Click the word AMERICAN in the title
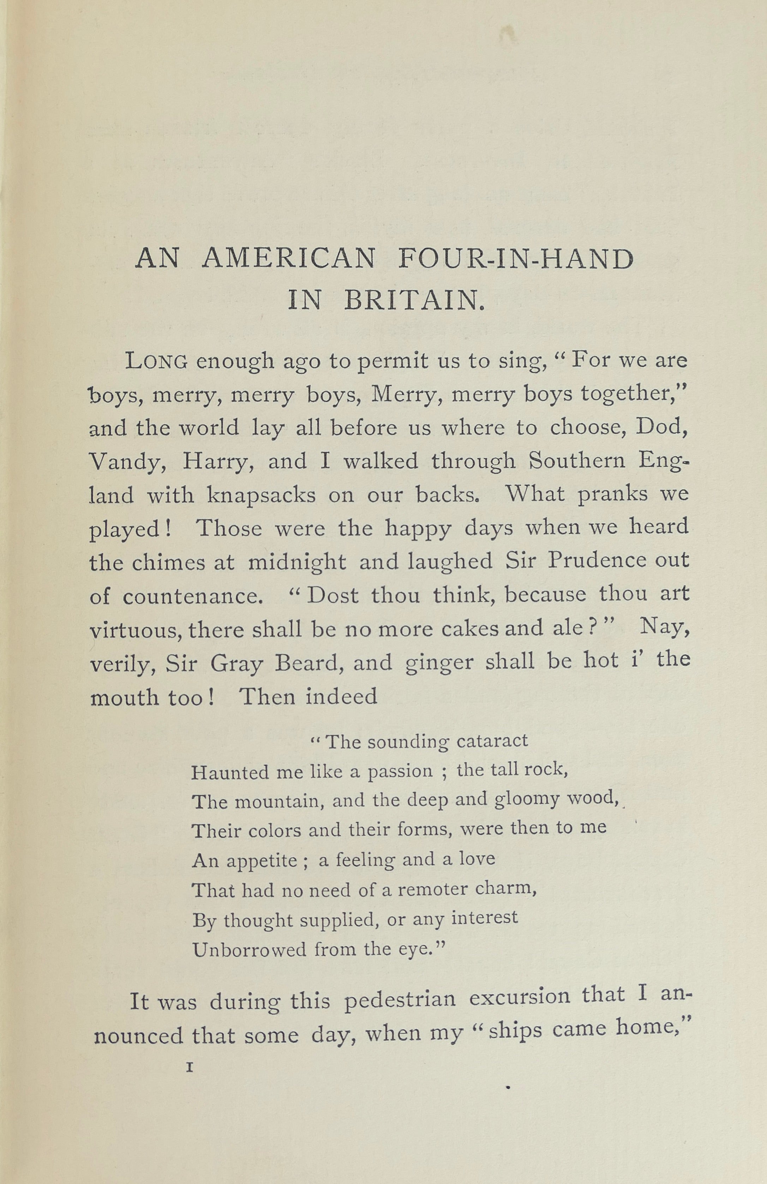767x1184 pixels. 289,259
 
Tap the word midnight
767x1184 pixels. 297,562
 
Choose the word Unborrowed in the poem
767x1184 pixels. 249,950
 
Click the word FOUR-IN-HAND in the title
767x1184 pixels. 516,259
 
